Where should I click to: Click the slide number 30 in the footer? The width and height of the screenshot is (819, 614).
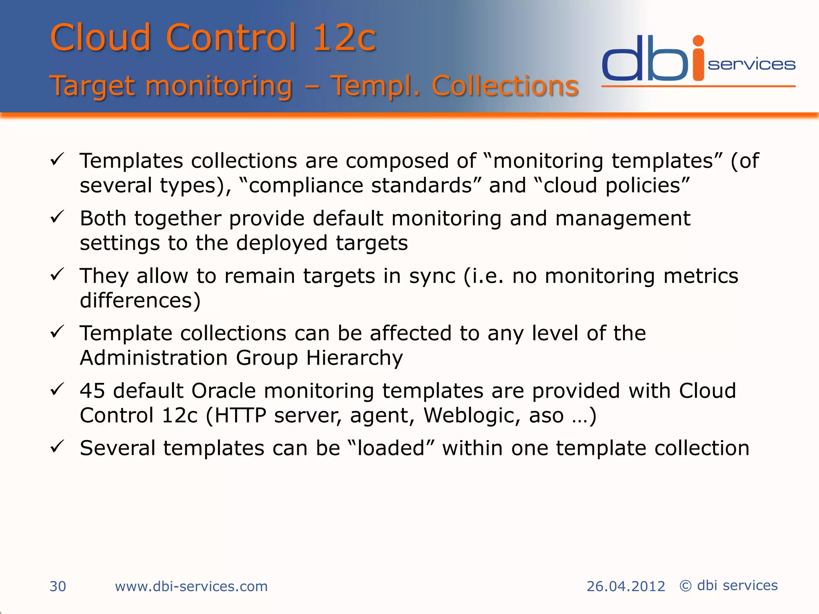pos(58,586)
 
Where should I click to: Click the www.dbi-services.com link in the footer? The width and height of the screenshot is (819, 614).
pos(191,586)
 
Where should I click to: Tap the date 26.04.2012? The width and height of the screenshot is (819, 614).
pos(625,586)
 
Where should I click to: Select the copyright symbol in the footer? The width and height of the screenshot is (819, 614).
pos(685,586)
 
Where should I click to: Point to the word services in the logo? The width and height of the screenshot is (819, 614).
pos(751,65)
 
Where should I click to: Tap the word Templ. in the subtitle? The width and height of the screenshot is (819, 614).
pos(375,86)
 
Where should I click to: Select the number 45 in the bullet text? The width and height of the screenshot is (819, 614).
pos(92,391)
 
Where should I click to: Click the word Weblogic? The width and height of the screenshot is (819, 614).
pos(472,415)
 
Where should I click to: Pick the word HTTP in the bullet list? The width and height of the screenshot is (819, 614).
pos(240,415)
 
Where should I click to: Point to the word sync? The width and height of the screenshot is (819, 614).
pos(432,276)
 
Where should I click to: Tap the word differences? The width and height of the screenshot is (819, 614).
pos(140,300)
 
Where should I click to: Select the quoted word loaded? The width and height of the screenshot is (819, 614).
pos(391,448)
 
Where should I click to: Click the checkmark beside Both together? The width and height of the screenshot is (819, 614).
pos(57,217)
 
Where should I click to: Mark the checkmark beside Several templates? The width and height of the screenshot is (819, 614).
pos(57,447)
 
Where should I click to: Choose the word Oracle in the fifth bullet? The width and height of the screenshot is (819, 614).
pos(224,391)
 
